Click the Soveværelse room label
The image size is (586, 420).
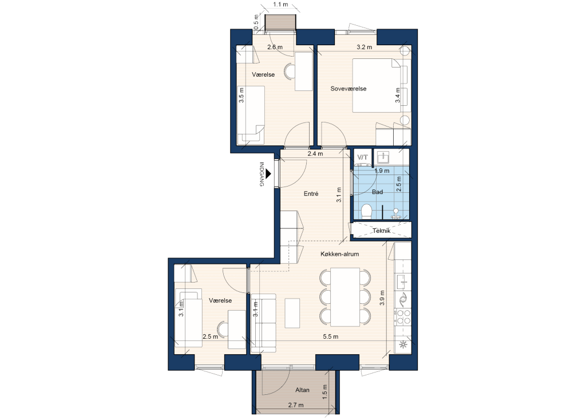click(x=349, y=89)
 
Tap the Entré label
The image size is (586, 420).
click(x=311, y=193)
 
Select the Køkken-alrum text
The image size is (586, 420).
click(x=340, y=254)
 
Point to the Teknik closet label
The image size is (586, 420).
click(x=382, y=231)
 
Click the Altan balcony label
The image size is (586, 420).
click(x=302, y=390)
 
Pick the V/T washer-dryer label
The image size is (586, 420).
click(x=362, y=157)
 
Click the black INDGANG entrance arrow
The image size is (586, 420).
click(x=268, y=174)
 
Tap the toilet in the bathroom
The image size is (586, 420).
click(x=367, y=212)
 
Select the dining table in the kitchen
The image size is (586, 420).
click(x=345, y=297)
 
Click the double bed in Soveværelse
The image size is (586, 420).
click(x=376, y=85)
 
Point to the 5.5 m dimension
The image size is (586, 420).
click(x=330, y=336)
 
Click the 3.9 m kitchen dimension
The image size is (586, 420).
click(x=382, y=298)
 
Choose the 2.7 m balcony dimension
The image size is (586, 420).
click(x=296, y=405)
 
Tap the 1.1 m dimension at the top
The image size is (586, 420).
click(x=280, y=5)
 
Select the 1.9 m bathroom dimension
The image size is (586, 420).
click(x=382, y=171)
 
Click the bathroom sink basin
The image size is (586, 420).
click(x=383, y=157)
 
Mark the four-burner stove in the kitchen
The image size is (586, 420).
click(x=403, y=316)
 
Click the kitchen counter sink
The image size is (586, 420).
click(x=403, y=282)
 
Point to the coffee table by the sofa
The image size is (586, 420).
click(x=292, y=313)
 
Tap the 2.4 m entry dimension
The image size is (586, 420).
click(x=315, y=153)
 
